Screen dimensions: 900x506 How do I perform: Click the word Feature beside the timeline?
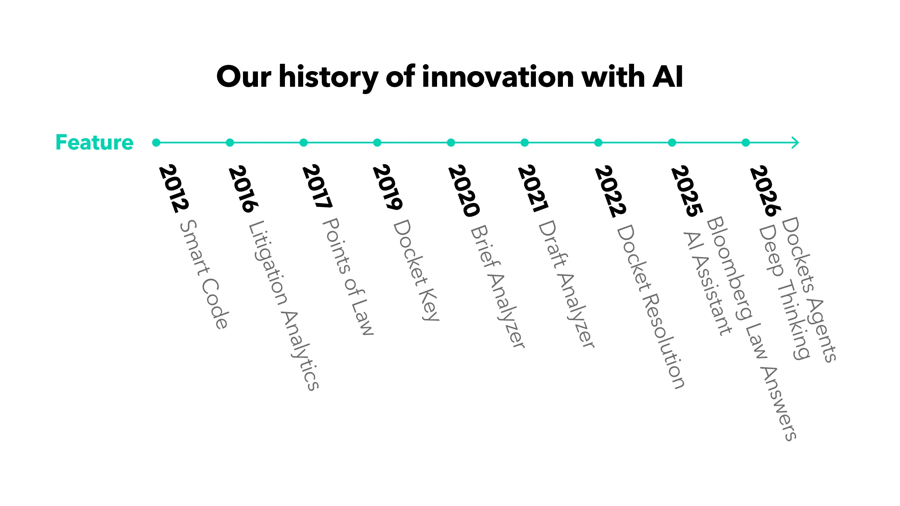pos(94,142)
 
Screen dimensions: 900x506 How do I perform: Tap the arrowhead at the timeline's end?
pos(796,143)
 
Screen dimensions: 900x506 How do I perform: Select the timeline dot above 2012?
pos(156,143)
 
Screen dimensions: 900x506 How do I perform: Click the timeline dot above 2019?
pos(377,143)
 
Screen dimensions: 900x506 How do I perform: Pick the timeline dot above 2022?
pos(598,143)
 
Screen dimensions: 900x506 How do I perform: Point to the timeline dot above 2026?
pos(746,143)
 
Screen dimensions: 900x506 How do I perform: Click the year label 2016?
pos(243,189)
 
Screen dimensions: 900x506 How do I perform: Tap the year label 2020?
pos(464,191)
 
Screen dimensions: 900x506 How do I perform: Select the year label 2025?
pos(687,191)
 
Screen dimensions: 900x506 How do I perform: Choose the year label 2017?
pos(317,186)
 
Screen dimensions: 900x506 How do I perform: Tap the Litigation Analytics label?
pos(284,305)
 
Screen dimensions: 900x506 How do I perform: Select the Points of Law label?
pos(348,276)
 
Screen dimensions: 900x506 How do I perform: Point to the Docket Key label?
pos(416,270)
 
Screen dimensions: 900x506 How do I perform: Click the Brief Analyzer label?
pos(498,287)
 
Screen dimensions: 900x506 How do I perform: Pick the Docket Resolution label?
pos(651,307)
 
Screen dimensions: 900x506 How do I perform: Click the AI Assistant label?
pos(707,283)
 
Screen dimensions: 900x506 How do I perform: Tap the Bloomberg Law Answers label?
pos(752,329)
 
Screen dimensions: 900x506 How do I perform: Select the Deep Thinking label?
pos(784,292)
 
